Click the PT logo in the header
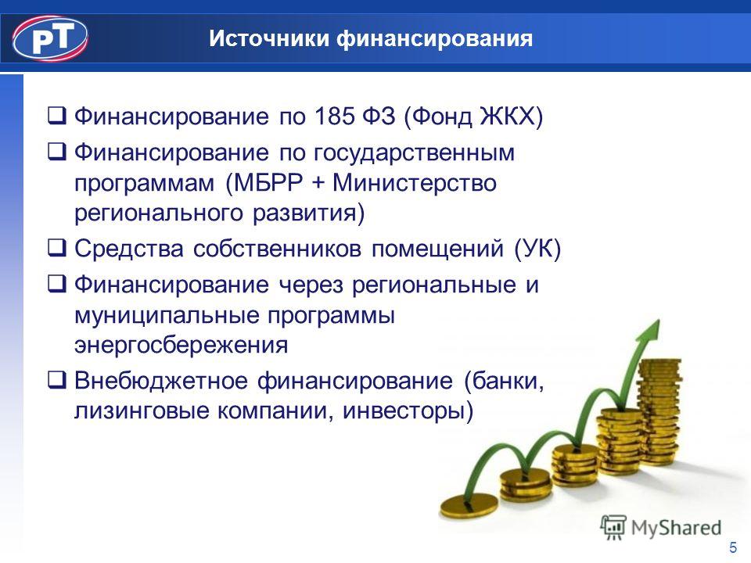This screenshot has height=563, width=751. (50, 39)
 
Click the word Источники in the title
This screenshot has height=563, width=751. (269, 38)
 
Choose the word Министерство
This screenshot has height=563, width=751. (415, 183)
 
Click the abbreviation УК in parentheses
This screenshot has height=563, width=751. (537, 249)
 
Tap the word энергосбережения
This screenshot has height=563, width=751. (181, 346)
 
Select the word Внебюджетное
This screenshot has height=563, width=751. (161, 381)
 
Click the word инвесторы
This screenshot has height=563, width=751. (404, 411)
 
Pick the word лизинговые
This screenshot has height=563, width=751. (142, 411)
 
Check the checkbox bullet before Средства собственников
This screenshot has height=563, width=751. (56, 247)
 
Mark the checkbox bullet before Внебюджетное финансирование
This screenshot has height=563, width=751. (56, 380)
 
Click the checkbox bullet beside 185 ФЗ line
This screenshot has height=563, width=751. (56, 116)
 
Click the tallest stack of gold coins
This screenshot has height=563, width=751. (659, 412)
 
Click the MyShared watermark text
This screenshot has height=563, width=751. (676, 528)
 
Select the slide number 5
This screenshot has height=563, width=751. (733, 547)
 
